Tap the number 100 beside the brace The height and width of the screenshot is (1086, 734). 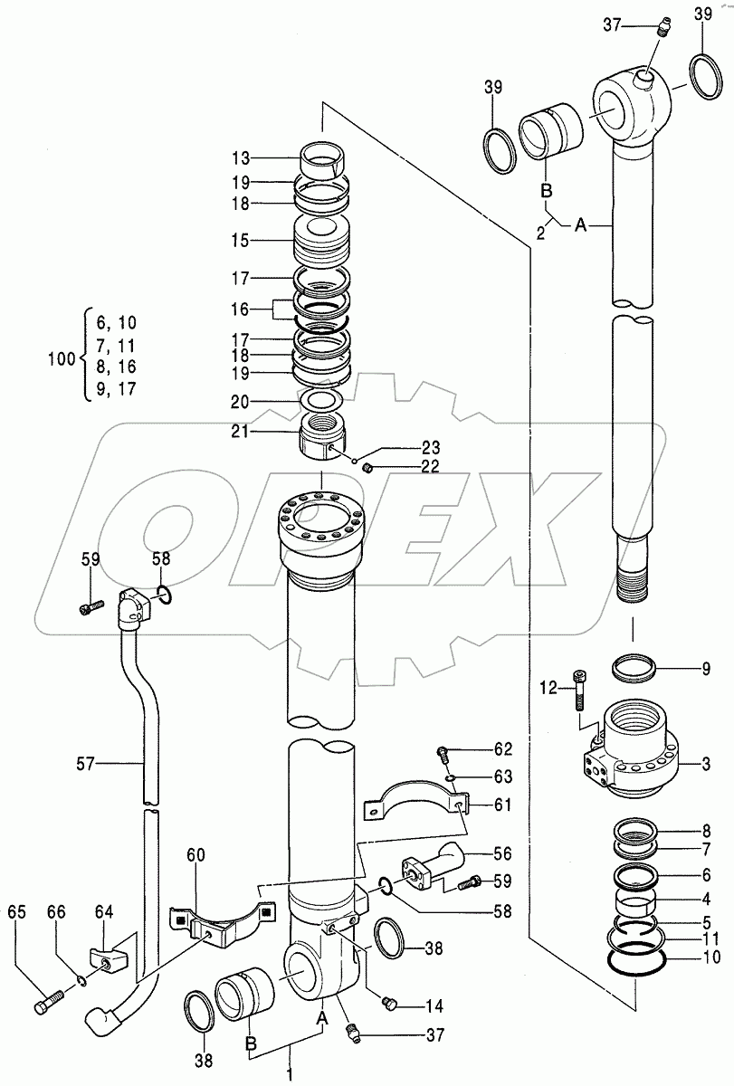(61, 359)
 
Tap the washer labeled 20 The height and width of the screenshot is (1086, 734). (319, 400)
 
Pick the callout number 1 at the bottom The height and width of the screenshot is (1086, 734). (291, 1075)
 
